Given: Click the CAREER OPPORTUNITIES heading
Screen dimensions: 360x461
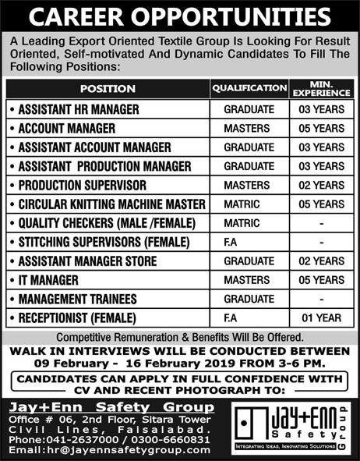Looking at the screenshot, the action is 180,16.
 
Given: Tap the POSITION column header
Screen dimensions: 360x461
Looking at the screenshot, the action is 107,89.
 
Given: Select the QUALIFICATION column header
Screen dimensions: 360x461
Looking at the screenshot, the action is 249,88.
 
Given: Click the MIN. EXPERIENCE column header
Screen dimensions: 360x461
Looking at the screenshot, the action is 321,88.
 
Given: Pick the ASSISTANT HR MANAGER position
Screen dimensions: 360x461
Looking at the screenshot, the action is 77,109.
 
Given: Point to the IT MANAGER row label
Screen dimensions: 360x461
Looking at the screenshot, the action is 50,279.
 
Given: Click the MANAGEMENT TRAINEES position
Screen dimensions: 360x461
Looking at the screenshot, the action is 73,298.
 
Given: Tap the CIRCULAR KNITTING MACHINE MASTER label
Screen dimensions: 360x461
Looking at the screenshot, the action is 110,204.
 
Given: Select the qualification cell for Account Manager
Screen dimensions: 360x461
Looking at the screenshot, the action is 247,128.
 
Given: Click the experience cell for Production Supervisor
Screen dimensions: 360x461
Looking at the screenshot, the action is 321,185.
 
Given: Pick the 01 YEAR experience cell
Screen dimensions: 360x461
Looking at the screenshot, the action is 321,317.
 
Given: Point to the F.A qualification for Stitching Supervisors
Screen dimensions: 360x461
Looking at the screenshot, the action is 235,242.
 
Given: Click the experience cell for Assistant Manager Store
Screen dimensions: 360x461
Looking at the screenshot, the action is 321,261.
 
